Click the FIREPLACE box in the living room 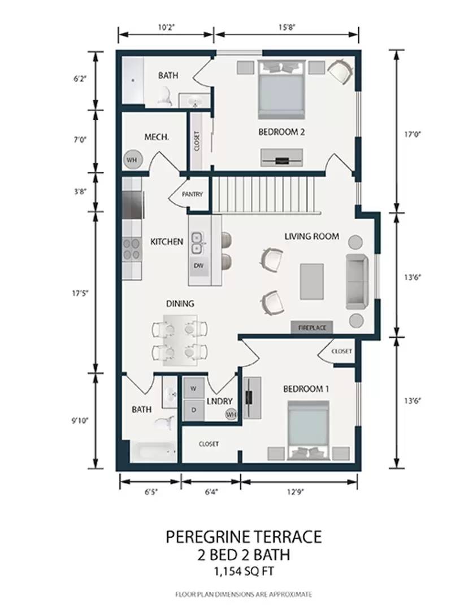tap(312, 328)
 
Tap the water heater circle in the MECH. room tap(132, 160)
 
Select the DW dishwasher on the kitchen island tap(199, 266)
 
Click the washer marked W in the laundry tap(193, 388)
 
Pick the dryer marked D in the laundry tap(193, 409)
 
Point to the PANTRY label tap(192, 194)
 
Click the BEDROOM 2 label tap(281, 132)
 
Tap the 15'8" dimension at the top tap(287, 27)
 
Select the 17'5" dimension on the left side tap(80, 293)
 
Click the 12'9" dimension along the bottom tap(295, 492)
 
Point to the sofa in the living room tap(357, 282)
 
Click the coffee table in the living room tap(312, 282)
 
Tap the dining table tap(180, 341)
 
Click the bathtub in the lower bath tap(154, 452)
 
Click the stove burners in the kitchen tap(132, 249)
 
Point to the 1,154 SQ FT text tap(244, 572)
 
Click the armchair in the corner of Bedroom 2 tap(341, 71)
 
